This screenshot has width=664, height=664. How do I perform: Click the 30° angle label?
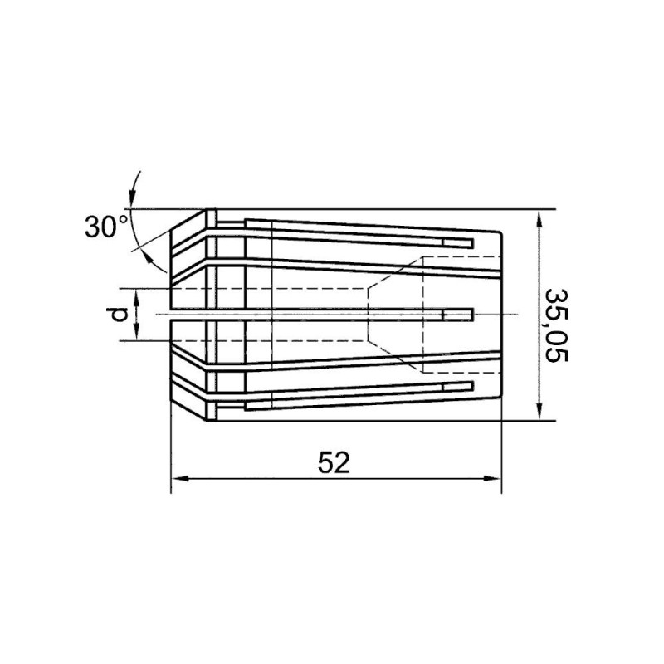pyautogui.click(x=106, y=227)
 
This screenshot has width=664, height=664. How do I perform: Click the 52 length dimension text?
pyautogui.click(x=334, y=463)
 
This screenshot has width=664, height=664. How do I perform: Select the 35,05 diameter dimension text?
pyautogui.click(x=555, y=325)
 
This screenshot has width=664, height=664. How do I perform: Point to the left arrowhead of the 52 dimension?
pyautogui.click(x=179, y=479)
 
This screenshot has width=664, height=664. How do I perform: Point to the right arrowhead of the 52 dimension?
pyautogui.click(x=492, y=479)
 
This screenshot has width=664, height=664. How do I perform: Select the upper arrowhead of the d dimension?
pyautogui.click(x=137, y=296)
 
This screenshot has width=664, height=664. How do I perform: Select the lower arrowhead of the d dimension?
pyautogui.click(x=137, y=333)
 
